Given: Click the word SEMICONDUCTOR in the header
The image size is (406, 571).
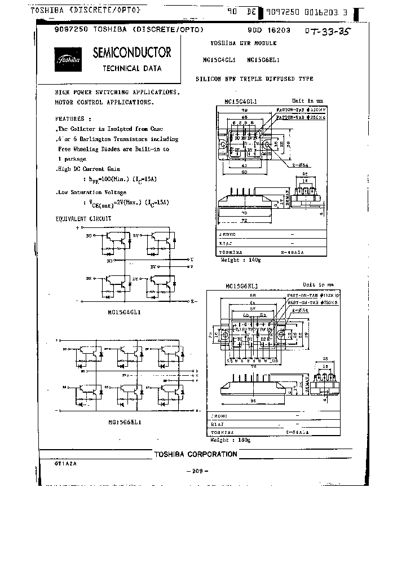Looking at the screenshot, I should click(x=131, y=52).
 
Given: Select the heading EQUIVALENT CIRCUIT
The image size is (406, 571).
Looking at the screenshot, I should click(x=83, y=218).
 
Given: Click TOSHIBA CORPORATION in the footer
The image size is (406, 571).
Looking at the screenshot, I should click(x=196, y=454).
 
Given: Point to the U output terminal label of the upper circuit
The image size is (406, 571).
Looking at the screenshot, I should click(x=192, y=259).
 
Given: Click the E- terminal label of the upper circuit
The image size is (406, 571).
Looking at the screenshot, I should click(x=193, y=301).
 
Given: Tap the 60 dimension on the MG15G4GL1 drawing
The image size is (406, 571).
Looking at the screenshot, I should click(x=244, y=172).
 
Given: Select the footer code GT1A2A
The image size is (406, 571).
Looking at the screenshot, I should click(x=65, y=462).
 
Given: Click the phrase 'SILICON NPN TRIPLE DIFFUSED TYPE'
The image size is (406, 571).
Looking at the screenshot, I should click(x=254, y=79).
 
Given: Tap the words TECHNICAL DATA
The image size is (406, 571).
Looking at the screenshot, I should click(x=132, y=68).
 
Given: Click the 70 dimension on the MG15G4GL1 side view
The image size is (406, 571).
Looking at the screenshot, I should click(x=244, y=213).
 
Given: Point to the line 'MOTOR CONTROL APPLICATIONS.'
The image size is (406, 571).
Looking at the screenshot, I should click(x=104, y=103).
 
